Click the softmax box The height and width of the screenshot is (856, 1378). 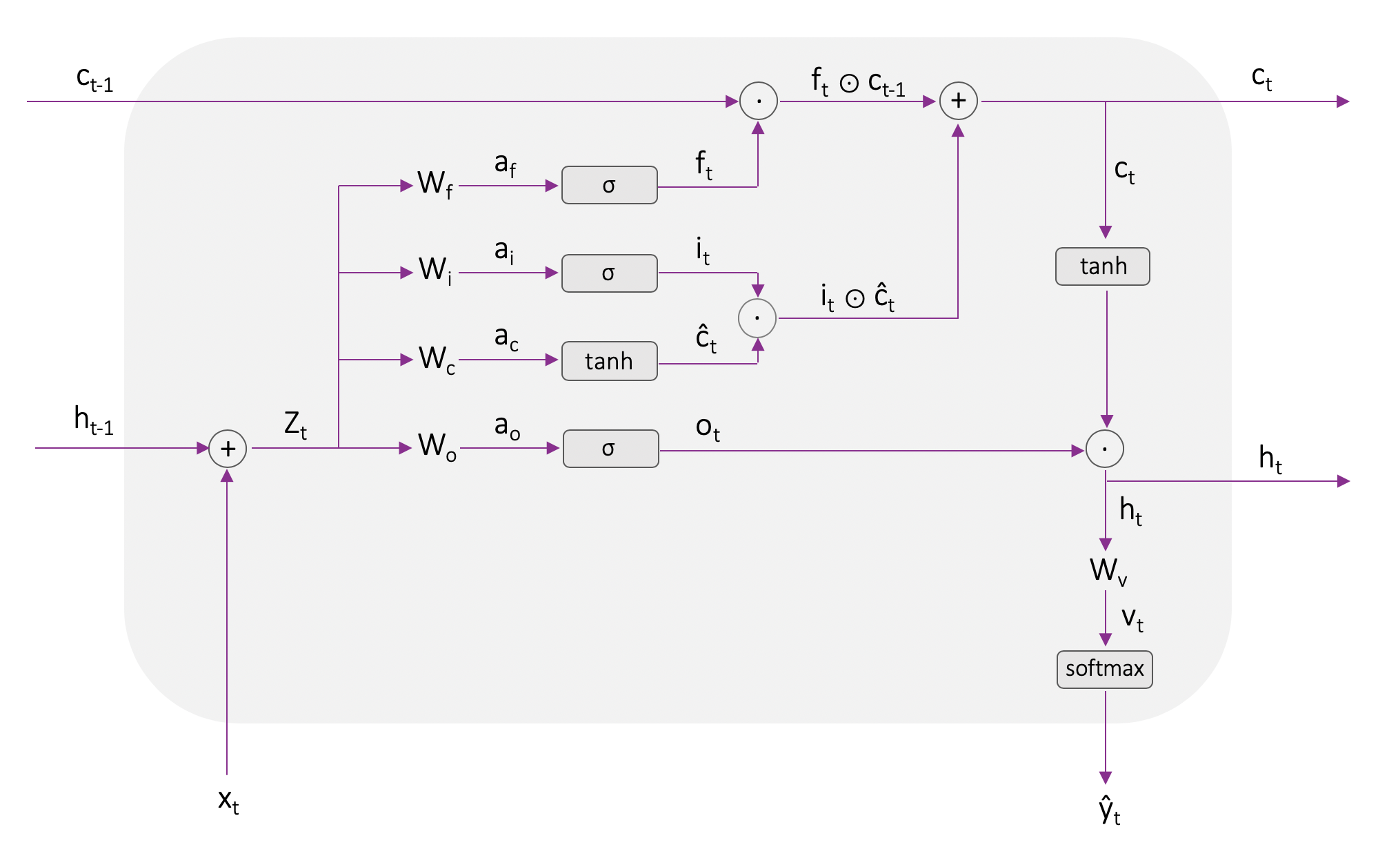coord(1104,669)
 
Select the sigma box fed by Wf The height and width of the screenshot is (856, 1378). coord(609,185)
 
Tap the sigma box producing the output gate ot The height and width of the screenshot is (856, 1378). coord(610,449)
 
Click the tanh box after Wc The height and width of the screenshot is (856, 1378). coord(609,361)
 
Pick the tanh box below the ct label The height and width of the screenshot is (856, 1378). coord(1102,266)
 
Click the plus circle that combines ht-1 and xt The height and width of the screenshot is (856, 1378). coord(228,449)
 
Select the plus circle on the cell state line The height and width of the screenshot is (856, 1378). coord(958,101)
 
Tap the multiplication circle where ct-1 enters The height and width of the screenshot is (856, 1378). coord(758,101)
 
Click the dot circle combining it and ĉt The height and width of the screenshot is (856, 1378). coord(757,318)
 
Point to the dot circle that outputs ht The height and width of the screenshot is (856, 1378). coord(1104,449)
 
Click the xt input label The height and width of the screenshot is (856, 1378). coord(228,801)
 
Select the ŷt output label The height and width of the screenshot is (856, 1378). coord(1109,810)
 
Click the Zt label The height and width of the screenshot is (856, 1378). coord(295,424)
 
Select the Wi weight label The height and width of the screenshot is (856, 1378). coord(435,270)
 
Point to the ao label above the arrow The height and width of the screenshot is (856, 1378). coord(507,426)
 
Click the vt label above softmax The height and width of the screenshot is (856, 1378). coord(1132,618)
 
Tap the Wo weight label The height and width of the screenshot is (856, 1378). coord(437,446)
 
